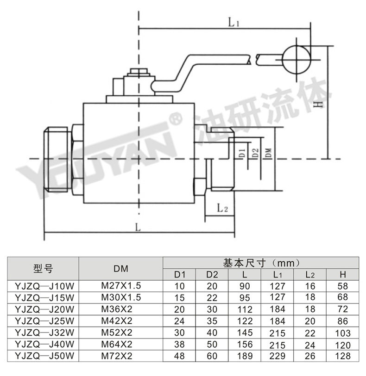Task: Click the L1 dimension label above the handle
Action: pyautogui.click(x=233, y=23)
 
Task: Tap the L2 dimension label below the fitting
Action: pyautogui.click(x=222, y=208)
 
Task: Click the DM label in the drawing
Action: pyautogui.click(x=269, y=153)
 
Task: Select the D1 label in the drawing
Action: pyautogui.click(x=242, y=153)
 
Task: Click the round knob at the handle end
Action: pyautogui.click(x=296, y=60)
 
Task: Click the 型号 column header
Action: pyautogui.click(x=43, y=268)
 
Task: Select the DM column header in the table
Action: pyautogui.click(x=121, y=269)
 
